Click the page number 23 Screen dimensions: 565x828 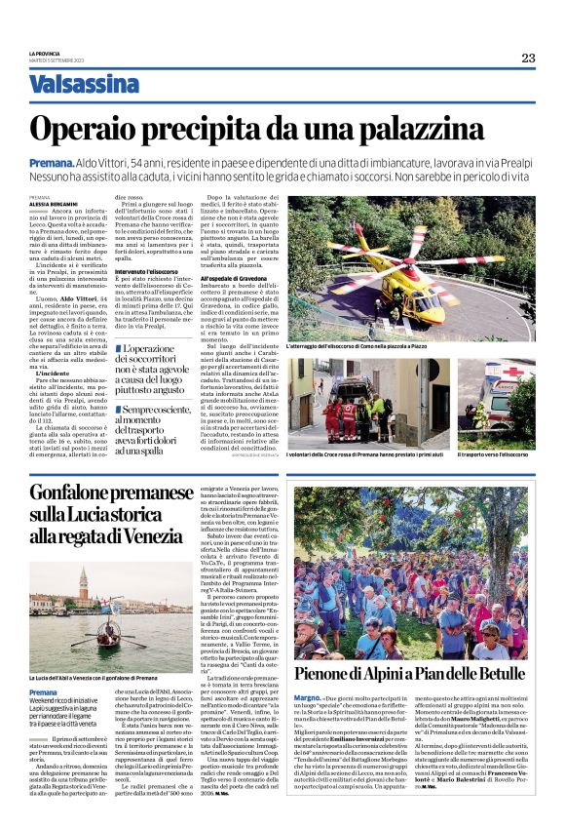tap(527, 58)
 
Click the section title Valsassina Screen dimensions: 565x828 tap(84, 85)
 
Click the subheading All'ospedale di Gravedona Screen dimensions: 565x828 tap(237, 278)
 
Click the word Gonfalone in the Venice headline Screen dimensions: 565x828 tap(77, 493)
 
